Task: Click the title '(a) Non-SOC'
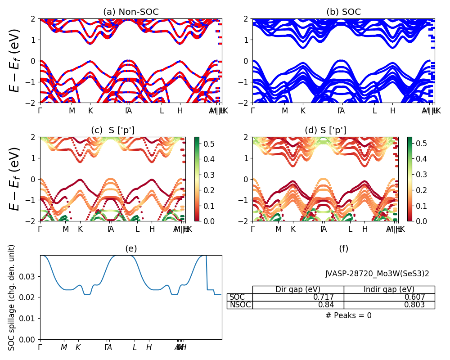[x=131, y=12]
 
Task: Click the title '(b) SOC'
[x=343, y=12]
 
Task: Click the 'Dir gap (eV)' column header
[x=298, y=289]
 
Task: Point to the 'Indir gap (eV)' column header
[x=389, y=289]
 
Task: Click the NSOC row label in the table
[x=239, y=305]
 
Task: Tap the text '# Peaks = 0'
[x=348, y=316]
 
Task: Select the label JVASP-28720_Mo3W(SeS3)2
[x=377, y=274]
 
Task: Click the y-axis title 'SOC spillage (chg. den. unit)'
[x=12, y=297]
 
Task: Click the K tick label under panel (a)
[x=90, y=111]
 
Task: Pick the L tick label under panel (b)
[x=374, y=111]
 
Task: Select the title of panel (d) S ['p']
[x=325, y=130]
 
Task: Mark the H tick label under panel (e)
[x=148, y=347]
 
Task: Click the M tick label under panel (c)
[x=66, y=229]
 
